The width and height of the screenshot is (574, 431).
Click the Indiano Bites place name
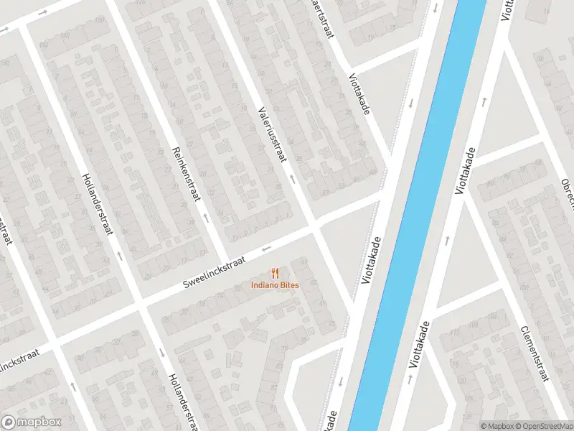(275, 284)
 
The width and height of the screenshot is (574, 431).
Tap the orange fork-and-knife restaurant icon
(275, 273)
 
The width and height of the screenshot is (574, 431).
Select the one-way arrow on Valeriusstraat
(292, 175)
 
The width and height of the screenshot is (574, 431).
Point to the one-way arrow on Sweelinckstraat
(267, 249)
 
